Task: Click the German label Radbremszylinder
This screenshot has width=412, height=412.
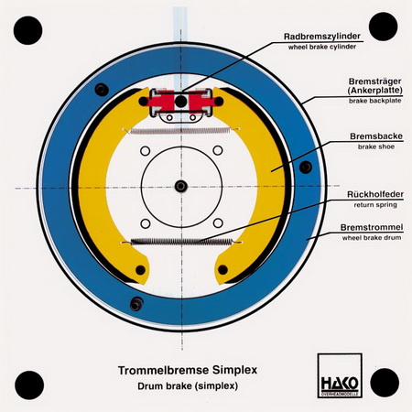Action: [x=322, y=37]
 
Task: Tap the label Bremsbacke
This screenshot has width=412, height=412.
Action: [x=376, y=136]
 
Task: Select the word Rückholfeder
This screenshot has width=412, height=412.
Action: [x=375, y=194]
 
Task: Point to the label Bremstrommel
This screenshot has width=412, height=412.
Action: [x=372, y=227]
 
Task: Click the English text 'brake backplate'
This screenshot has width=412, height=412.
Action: [x=375, y=101]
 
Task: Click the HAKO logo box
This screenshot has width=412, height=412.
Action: [x=340, y=375]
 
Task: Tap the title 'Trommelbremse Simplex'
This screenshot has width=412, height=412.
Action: [x=188, y=370]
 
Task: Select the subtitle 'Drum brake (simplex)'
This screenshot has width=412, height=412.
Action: [x=188, y=386]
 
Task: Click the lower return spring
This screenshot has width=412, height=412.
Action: [x=182, y=242]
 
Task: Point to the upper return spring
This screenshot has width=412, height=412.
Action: [x=180, y=131]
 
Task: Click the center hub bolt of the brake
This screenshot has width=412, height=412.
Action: [x=181, y=186]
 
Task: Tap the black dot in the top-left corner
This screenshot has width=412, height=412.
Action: [x=28, y=30]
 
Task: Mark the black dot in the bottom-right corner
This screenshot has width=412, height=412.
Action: [x=385, y=383]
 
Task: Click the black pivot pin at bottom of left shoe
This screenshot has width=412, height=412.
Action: [x=140, y=270]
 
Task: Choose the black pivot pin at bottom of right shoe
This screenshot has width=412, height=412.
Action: [x=222, y=270]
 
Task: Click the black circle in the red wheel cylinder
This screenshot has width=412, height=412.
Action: [x=181, y=101]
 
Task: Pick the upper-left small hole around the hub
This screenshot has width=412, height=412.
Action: [x=146, y=151]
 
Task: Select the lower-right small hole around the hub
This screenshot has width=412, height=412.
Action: [x=218, y=223]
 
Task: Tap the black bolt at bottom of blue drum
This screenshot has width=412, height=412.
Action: [x=136, y=304]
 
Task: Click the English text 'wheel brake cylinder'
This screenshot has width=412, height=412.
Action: [x=322, y=48]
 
